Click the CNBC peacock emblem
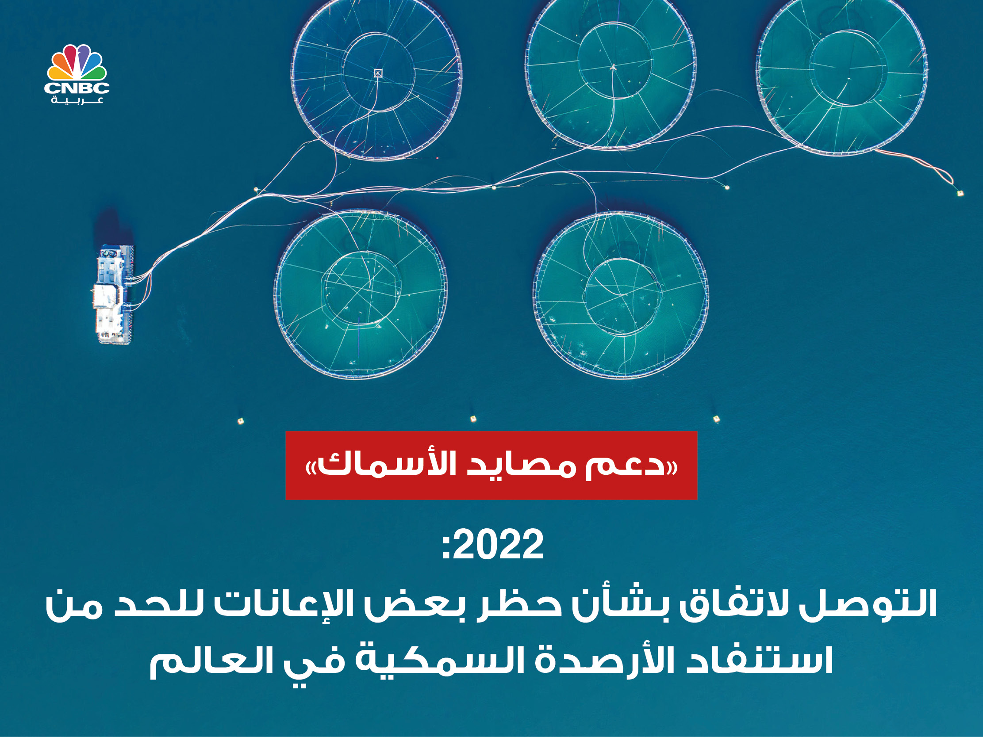pyautogui.click(x=77, y=62)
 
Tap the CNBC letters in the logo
pyautogui.click(x=77, y=88)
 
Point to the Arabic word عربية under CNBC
pyautogui.click(x=77, y=100)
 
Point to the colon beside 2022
pyautogui.click(x=447, y=547)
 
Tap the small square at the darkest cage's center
pyautogui.click(x=378, y=73)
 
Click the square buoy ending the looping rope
pyautogui.click(x=960, y=193)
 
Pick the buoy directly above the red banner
pyautogui.click(x=473, y=419)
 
